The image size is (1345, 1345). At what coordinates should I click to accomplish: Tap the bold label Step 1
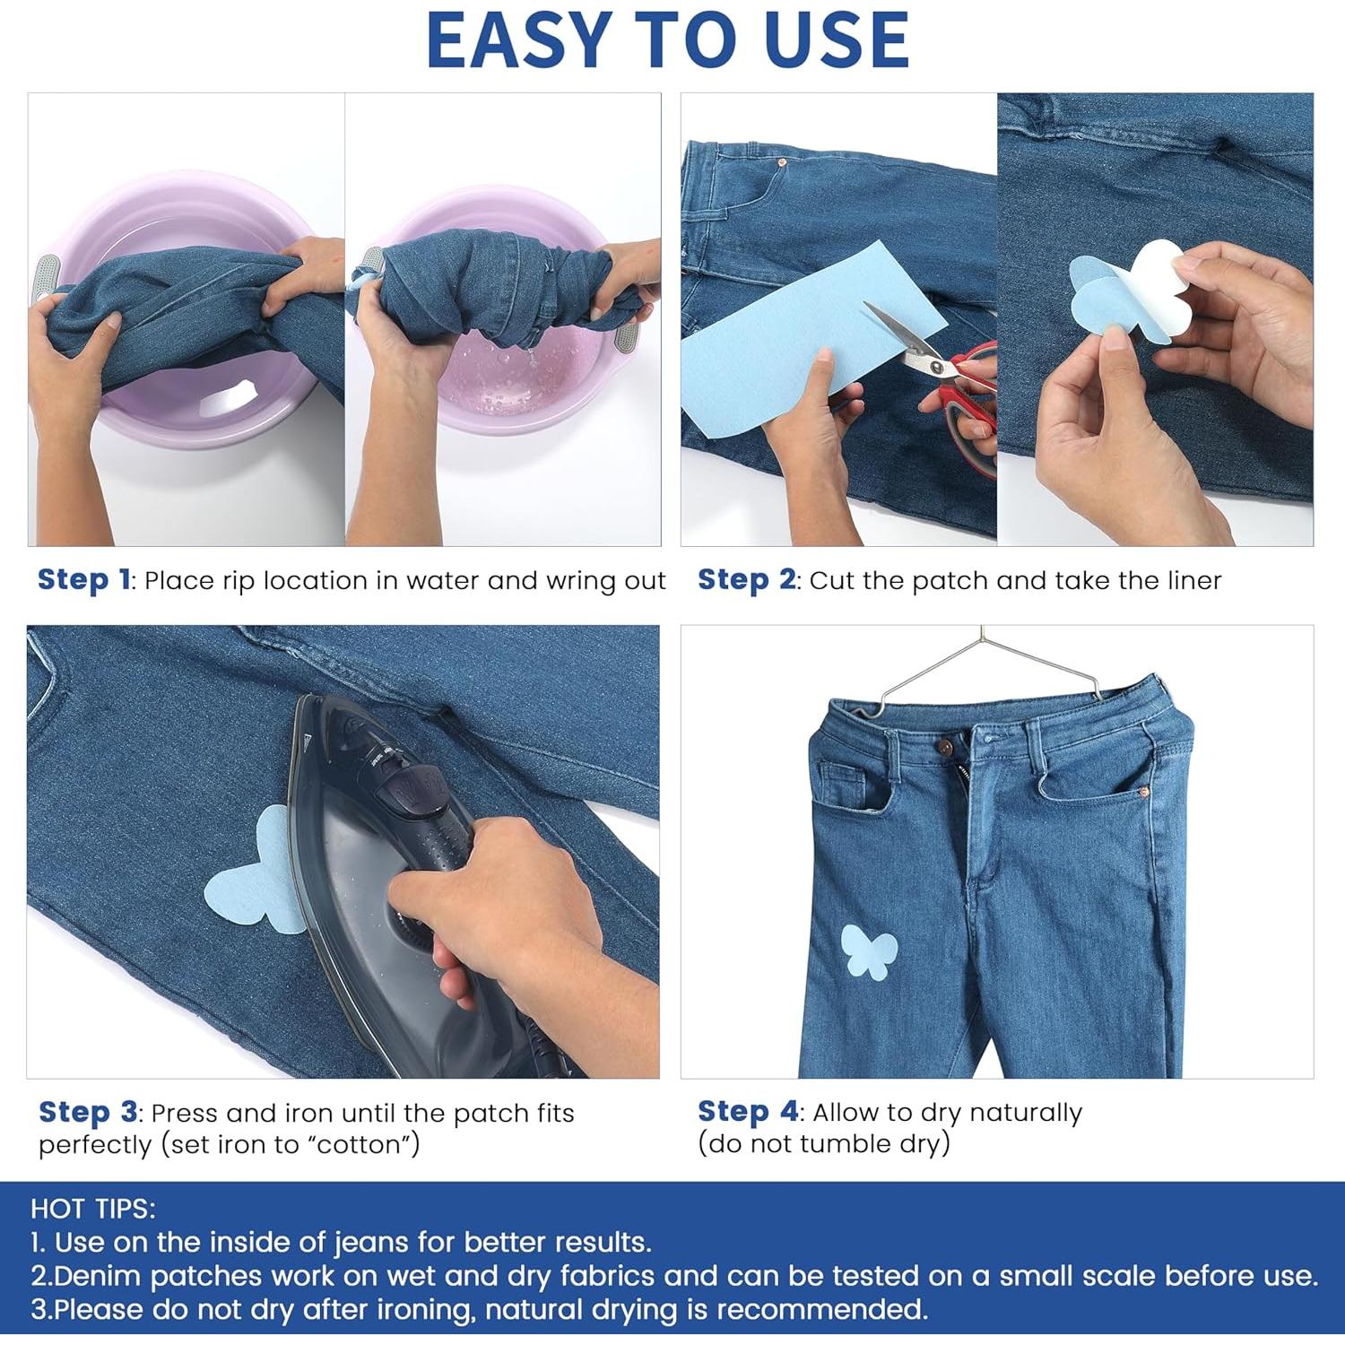pos(84,580)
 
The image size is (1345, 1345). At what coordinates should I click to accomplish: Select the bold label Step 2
pos(746,580)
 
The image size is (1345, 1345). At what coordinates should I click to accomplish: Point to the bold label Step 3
pos(88,1113)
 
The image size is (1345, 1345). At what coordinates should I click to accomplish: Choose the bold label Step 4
pos(748,1112)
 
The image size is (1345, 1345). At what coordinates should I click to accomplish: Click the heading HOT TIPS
pos(93,1209)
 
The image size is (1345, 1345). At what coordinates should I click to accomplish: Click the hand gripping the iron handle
pos(502,906)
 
